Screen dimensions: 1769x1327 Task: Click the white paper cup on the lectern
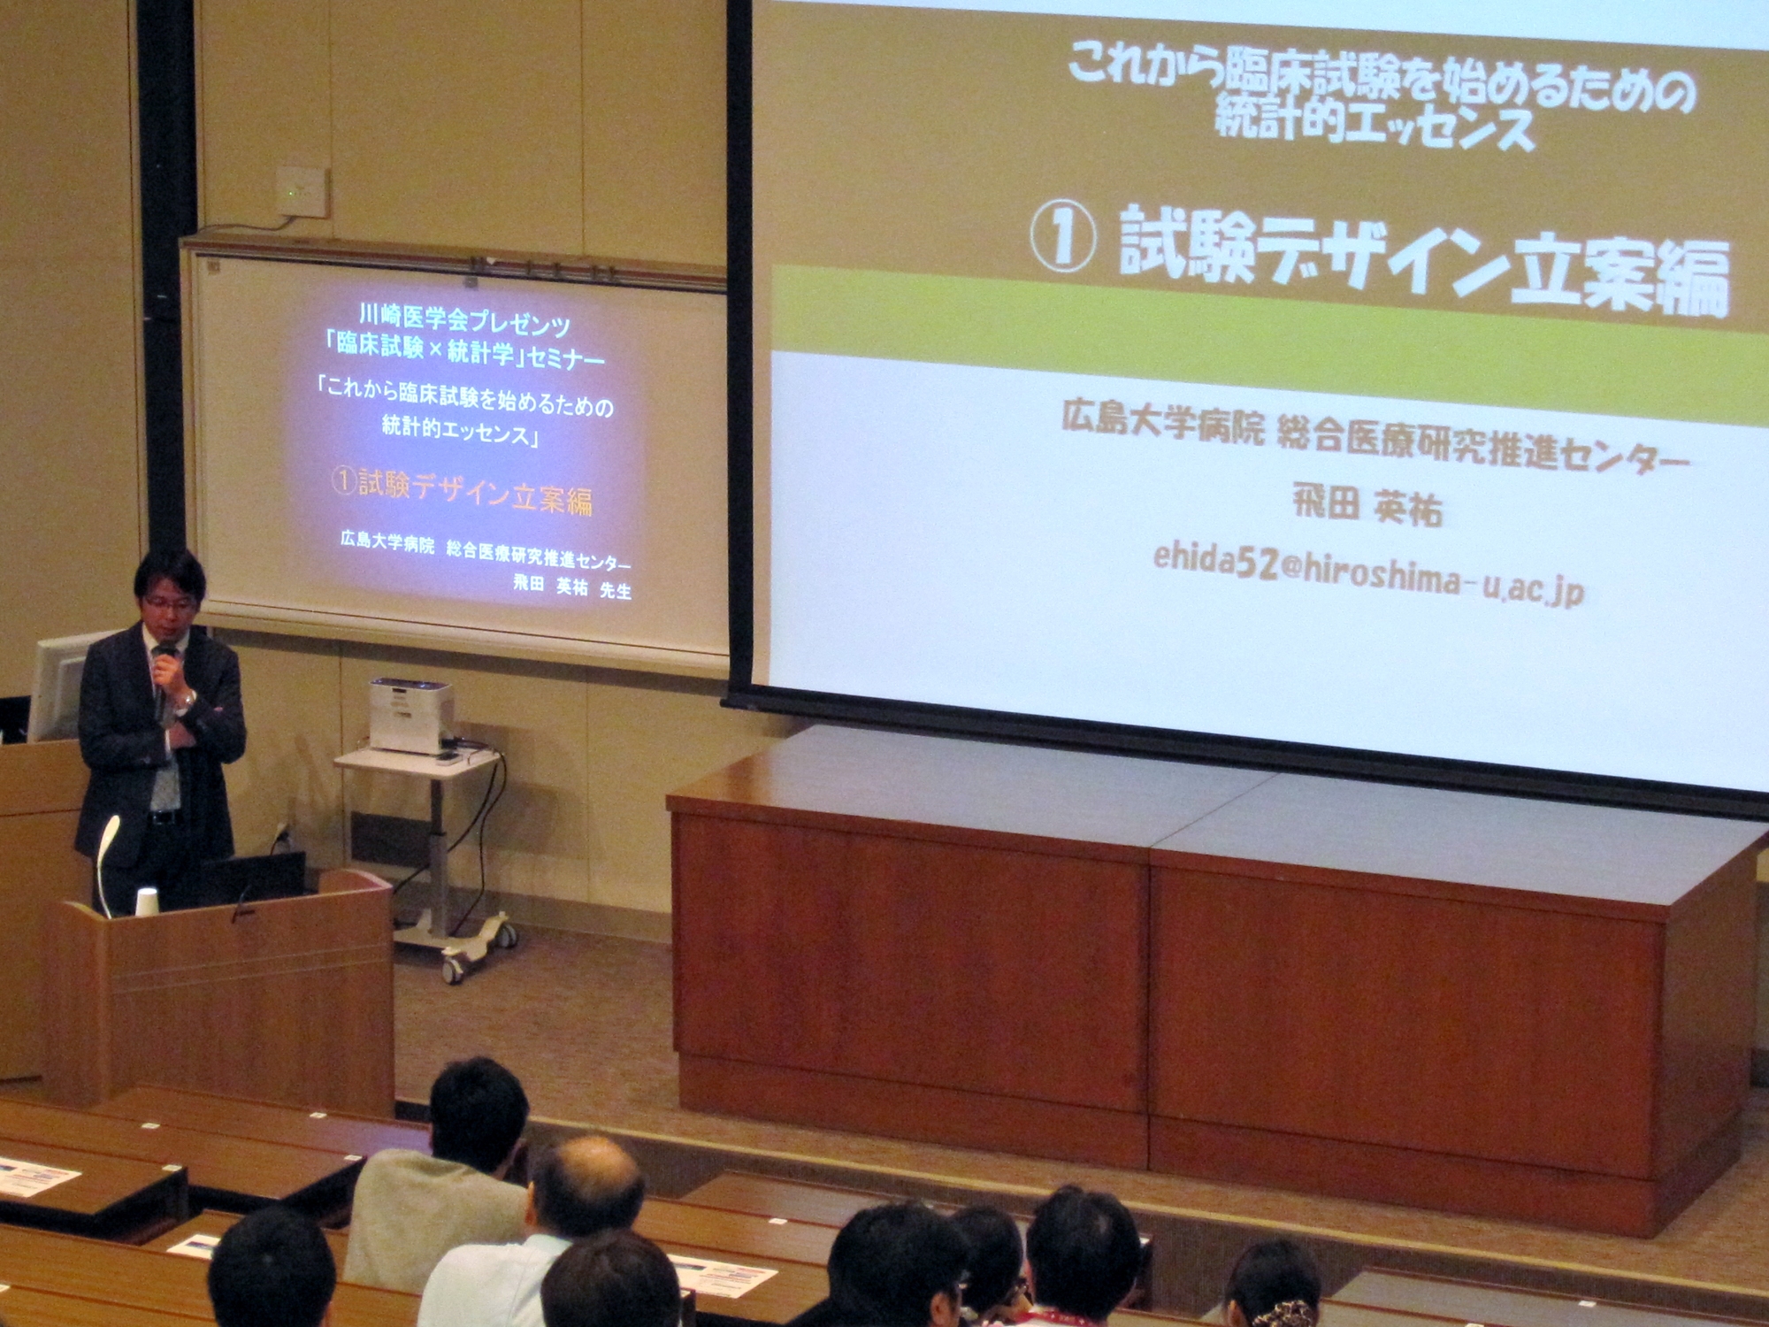(x=147, y=901)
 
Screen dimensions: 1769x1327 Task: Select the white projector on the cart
(x=411, y=716)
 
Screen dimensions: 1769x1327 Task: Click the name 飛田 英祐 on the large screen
(x=1367, y=507)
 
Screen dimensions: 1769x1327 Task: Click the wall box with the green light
(x=302, y=191)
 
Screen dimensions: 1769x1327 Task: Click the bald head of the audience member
(x=587, y=1185)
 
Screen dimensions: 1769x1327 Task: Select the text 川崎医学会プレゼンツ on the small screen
(x=465, y=319)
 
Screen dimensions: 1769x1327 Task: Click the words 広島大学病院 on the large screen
(x=1163, y=424)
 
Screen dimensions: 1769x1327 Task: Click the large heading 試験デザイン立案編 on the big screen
(x=1423, y=260)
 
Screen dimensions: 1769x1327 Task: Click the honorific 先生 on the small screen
(x=616, y=590)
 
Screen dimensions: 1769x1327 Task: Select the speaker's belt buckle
(x=160, y=817)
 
